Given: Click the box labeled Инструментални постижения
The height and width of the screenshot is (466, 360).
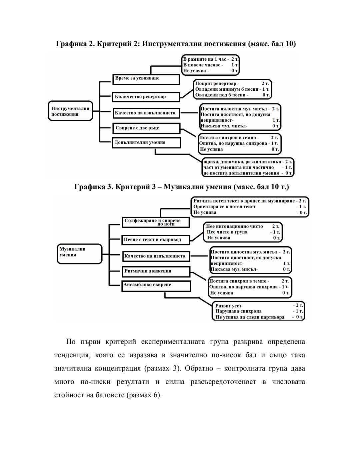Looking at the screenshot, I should point(70,111).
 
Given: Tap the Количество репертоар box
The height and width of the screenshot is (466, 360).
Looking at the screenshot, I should point(146,97).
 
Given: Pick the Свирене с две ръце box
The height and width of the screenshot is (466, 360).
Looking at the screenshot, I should point(146,128).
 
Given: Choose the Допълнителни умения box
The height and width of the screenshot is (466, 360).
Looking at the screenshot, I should point(146,142).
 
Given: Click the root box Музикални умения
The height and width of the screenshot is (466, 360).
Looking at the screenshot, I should point(79,254).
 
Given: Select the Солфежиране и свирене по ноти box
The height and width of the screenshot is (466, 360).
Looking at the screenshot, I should point(155,222).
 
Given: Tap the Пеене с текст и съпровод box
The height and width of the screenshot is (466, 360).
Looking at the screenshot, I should point(155,240).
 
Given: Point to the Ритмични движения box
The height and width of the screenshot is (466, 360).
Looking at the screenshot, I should point(156,271).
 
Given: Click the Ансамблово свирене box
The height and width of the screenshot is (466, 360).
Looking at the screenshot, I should point(156,286).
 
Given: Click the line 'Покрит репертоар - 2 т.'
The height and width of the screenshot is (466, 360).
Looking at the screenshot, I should point(232,83).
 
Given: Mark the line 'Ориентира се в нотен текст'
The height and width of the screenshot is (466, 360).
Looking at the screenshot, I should point(225,206).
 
